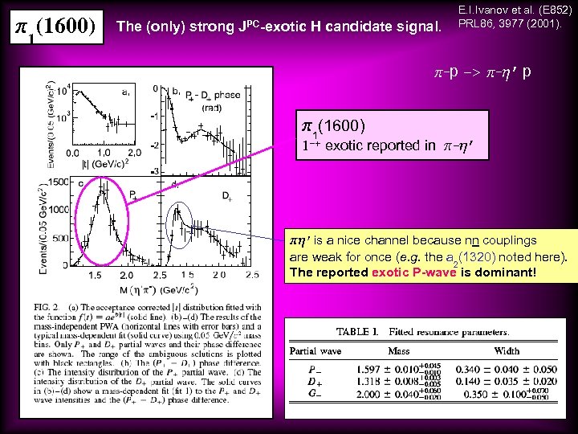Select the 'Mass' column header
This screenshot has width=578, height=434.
pos(401,350)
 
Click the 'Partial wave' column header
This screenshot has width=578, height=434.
pos(315,350)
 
